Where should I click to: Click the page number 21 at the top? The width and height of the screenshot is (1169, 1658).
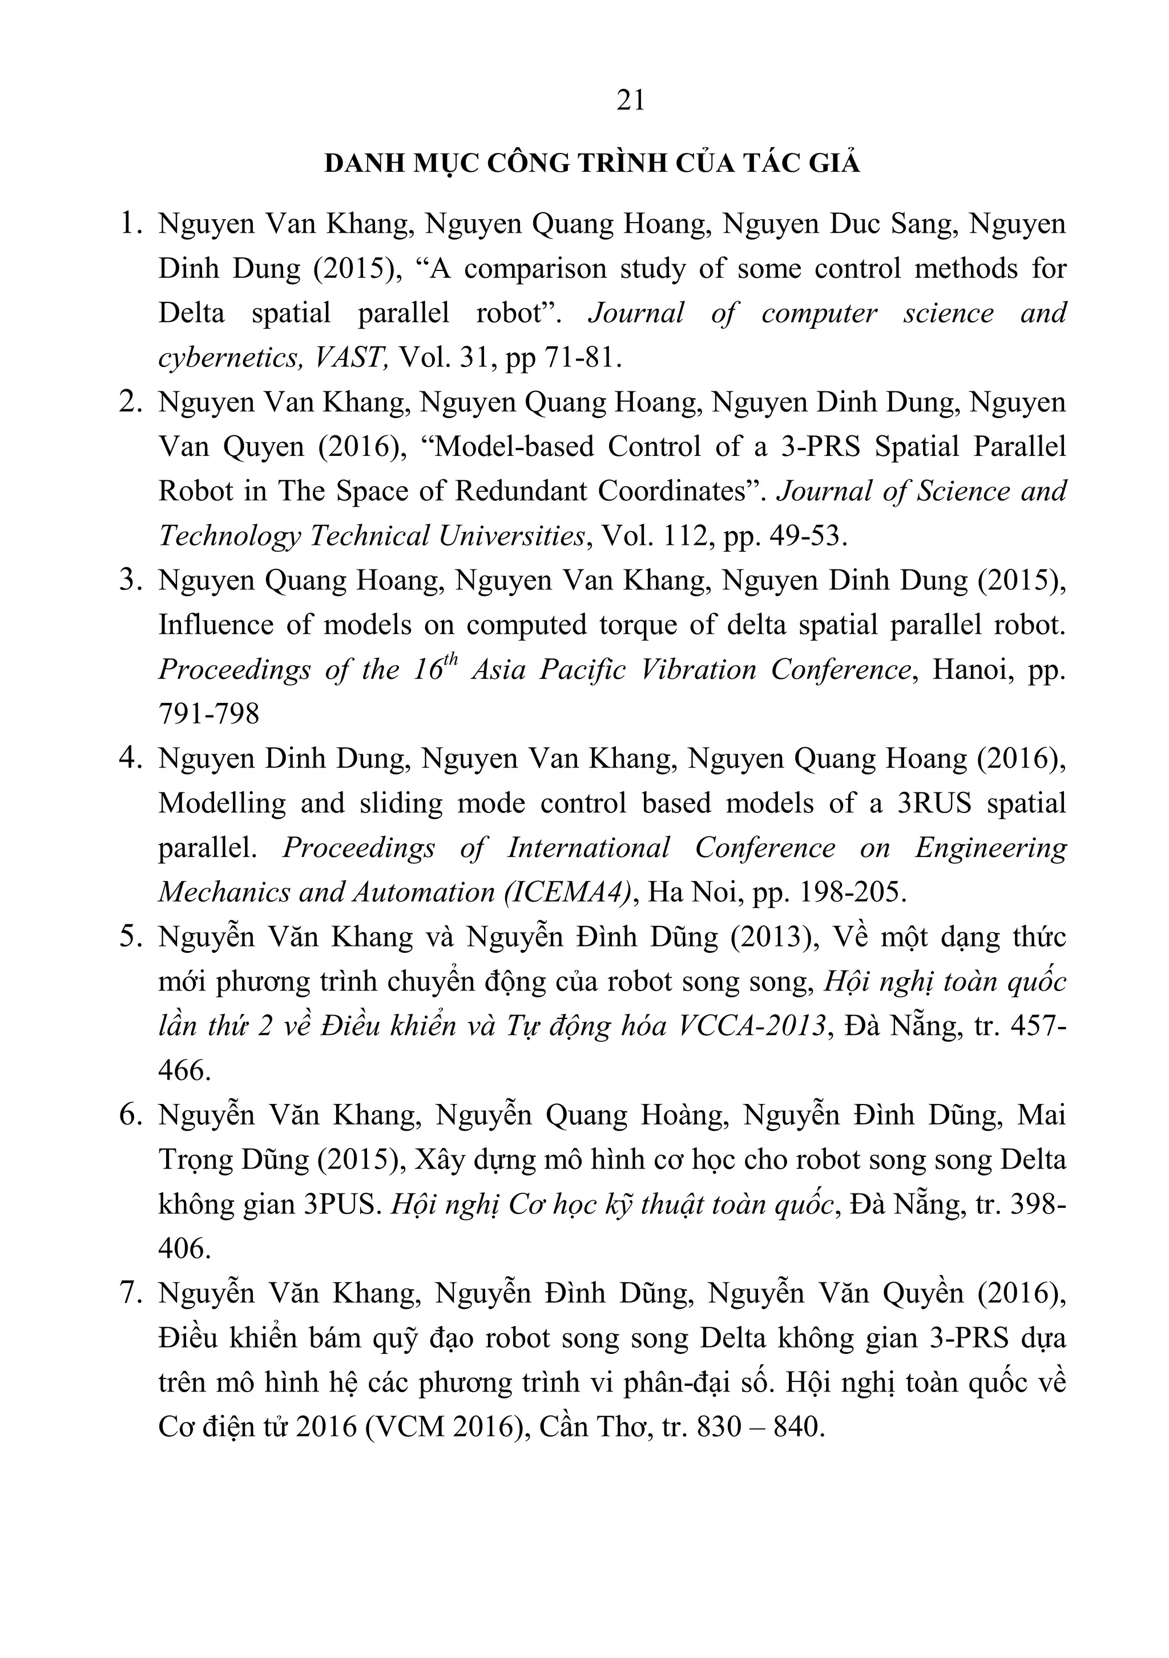pos(631,100)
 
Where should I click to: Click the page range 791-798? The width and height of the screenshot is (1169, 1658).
pos(208,715)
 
